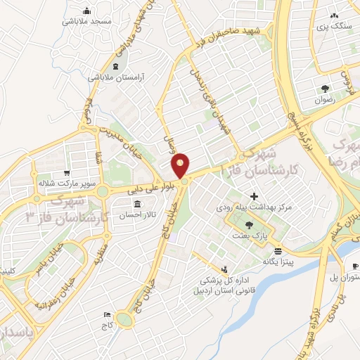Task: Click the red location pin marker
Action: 181,166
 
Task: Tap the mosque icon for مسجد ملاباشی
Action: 86,11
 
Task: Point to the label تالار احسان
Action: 128,214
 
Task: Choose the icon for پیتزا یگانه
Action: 278,250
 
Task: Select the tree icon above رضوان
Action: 325,88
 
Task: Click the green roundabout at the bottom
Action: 125,320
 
